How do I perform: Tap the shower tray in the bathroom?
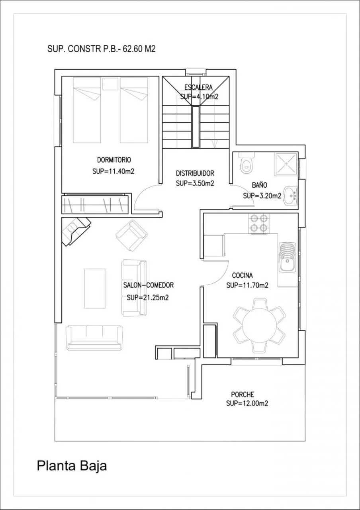(286, 164)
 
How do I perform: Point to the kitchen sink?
(288, 257)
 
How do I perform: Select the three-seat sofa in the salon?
(95, 337)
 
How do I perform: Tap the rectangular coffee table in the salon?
(95, 288)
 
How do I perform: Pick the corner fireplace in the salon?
(76, 231)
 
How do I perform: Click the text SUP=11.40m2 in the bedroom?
(113, 171)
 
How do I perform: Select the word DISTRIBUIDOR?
(195, 173)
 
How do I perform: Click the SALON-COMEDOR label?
(149, 285)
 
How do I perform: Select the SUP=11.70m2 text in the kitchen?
(247, 285)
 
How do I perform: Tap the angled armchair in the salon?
(131, 235)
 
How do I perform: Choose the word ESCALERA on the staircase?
(198, 87)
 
